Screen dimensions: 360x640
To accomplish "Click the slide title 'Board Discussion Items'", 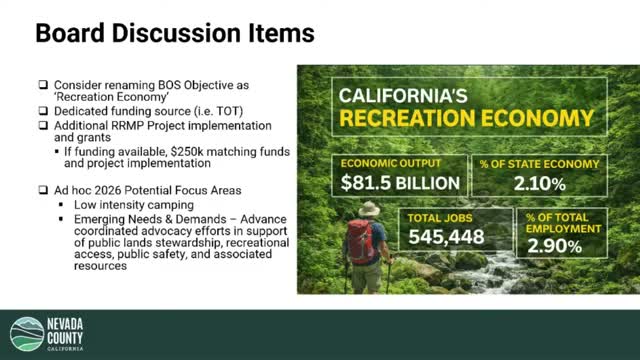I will [x=174, y=34].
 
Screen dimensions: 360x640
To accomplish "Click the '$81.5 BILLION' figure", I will [x=399, y=183].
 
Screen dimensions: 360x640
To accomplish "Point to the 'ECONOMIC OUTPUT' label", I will [x=388, y=163].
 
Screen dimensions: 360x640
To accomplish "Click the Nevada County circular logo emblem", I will [x=27, y=335].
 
